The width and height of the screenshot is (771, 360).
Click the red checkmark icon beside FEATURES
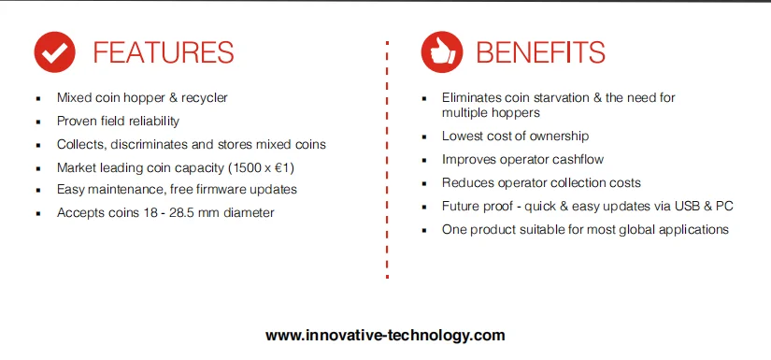tap(54, 53)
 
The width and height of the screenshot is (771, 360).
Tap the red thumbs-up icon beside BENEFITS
tap(440, 53)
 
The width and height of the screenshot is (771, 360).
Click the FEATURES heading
tap(164, 52)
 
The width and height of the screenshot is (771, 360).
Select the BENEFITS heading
tap(540, 52)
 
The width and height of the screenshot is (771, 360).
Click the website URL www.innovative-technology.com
tap(385, 335)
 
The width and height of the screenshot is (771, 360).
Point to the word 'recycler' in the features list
tap(205, 97)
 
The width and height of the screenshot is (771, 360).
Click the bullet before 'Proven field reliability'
tap(36, 122)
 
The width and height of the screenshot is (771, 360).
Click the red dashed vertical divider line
tap(386, 159)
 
